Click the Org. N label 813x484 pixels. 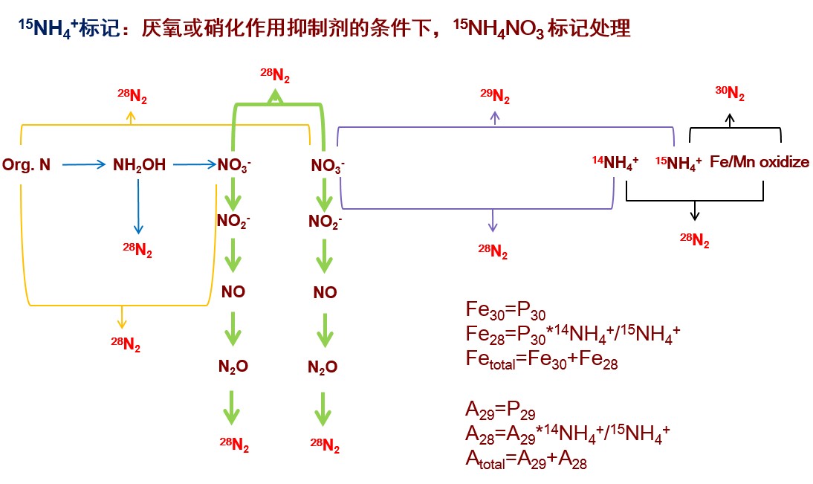pyautogui.click(x=27, y=164)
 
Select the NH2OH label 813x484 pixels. pyautogui.click(x=139, y=164)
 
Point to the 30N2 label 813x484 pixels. pyautogui.click(x=730, y=93)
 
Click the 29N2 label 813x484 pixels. pyautogui.click(x=495, y=95)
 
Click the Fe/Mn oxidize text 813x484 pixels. pyautogui.click(x=759, y=162)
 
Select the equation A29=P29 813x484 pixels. pyautogui.click(x=500, y=411)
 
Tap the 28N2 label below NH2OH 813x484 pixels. pyautogui.click(x=137, y=251)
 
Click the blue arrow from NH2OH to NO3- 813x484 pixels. pyautogui.click(x=192, y=164)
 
